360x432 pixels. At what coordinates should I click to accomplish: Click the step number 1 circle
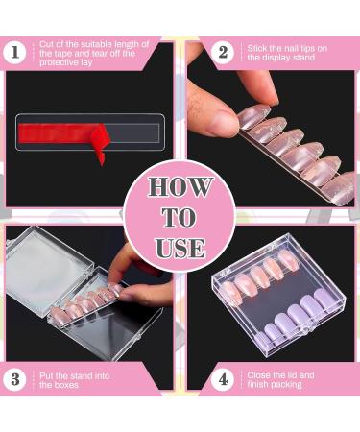pyautogui.click(x=15, y=53)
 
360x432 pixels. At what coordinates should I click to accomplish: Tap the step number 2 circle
pyautogui.click(x=223, y=52)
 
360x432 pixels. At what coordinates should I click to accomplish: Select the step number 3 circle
pyautogui.click(x=15, y=379)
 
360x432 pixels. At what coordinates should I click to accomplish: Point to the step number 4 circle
pyautogui.click(x=223, y=379)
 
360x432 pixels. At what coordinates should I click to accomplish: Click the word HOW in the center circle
pyautogui.click(x=180, y=187)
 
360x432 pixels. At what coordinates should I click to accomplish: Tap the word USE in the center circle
pyautogui.click(x=180, y=249)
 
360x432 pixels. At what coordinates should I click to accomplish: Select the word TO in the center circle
pyautogui.click(x=180, y=218)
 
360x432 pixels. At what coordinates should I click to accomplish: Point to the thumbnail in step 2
pyautogui.click(x=220, y=120)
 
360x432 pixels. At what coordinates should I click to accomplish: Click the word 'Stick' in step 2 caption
pyautogui.click(x=256, y=49)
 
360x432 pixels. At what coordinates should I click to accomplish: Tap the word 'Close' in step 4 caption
pyautogui.click(x=258, y=375)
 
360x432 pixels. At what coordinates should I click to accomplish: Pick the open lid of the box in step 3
pyautogui.click(x=48, y=271)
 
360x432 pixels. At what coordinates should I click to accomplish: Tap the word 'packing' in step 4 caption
pyautogui.click(x=287, y=384)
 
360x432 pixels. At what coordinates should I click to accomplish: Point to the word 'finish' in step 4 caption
pyautogui.click(x=258, y=384)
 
